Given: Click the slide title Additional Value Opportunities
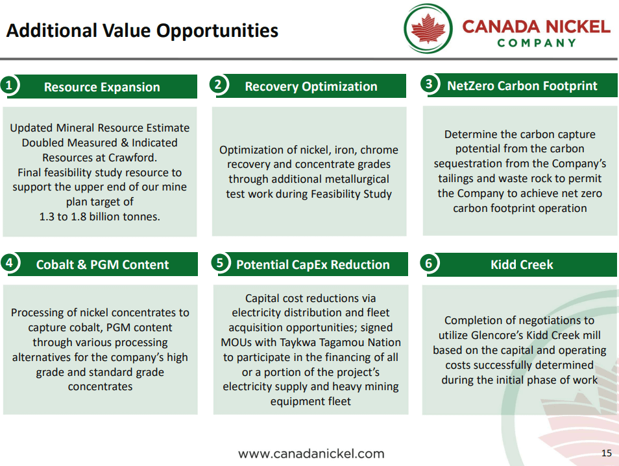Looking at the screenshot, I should [x=142, y=30].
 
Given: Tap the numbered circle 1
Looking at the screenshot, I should [x=8, y=86].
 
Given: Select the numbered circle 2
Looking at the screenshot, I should [x=219, y=84].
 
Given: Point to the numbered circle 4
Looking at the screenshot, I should [x=8, y=263].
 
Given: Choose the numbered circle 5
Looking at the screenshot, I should [x=220, y=262].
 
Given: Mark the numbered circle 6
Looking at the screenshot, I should [x=429, y=263].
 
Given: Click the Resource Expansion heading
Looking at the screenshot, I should [x=102, y=87].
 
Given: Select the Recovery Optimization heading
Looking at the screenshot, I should [x=311, y=86].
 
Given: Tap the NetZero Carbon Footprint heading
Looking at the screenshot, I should [x=522, y=86].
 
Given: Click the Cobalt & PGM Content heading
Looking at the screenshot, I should [x=103, y=264].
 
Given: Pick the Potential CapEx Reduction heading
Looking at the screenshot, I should [x=313, y=264].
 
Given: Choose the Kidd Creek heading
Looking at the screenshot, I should [x=522, y=264].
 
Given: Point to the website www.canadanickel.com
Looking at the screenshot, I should [x=311, y=454].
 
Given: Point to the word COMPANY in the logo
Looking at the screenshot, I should [x=537, y=43].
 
